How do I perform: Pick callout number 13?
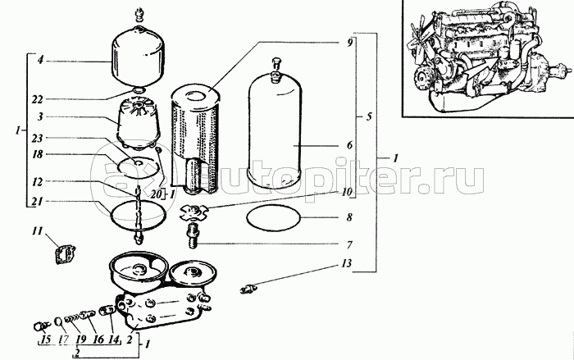coord(348,264)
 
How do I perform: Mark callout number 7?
coord(348,244)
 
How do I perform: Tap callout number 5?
coord(368,116)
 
